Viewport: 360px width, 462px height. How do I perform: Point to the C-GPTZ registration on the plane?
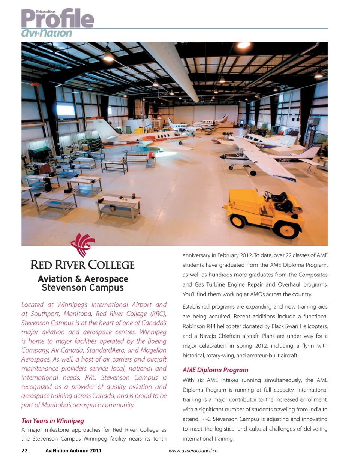point(285,160)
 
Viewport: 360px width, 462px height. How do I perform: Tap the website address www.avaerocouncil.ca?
point(194,450)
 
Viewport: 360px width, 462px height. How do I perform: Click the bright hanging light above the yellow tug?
point(318,74)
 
